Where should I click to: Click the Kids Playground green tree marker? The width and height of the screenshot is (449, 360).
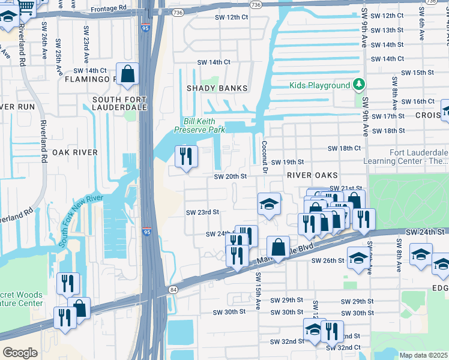coord(359,85)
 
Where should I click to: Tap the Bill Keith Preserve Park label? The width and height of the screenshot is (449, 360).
coord(200,125)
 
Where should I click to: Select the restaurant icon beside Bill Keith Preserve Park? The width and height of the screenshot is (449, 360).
coord(185,157)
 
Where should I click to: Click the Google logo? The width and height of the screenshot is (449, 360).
coord(20,352)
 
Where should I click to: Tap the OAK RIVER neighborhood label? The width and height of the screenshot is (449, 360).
coord(74,152)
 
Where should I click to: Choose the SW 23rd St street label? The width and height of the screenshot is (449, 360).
coord(202,212)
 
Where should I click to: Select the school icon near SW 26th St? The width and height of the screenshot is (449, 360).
coord(358,259)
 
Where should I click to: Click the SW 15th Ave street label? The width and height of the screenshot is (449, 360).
coord(258,291)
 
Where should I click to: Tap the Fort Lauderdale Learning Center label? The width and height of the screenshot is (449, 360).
coord(406,157)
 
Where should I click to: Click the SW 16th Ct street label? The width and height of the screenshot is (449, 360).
coord(415,101)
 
